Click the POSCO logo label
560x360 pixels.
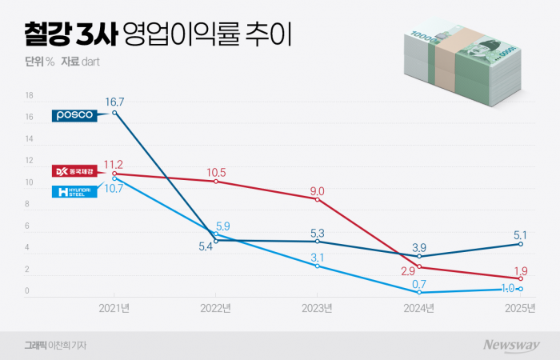pyautogui.click(x=74, y=115)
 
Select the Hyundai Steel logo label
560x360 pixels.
pyautogui.click(x=74, y=191)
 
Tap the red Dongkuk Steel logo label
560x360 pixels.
pyautogui.click(x=74, y=170)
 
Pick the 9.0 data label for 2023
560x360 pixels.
pyautogui.click(x=317, y=191)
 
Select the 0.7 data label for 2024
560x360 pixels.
pyautogui.click(x=418, y=283)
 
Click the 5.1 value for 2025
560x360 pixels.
pyautogui.click(x=519, y=234)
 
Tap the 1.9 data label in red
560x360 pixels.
pyautogui.click(x=521, y=269)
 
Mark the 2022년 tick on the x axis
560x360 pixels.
pyautogui.click(x=216, y=308)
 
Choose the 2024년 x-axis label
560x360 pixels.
pyautogui.click(x=419, y=308)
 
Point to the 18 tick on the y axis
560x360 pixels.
pyautogui.click(x=29, y=95)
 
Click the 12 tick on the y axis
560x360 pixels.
pyautogui.click(x=29, y=161)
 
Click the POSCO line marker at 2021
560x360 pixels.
pyautogui.click(x=115, y=113)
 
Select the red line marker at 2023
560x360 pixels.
pyautogui.click(x=318, y=198)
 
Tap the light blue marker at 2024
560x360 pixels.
pyautogui.click(x=419, y=293)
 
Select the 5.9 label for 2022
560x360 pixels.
pyautogui.click(x=223, y=226)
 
